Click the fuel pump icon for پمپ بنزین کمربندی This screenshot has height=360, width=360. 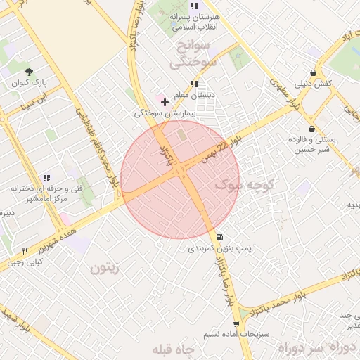(221, 237)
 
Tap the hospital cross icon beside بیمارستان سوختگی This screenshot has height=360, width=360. (165, 102)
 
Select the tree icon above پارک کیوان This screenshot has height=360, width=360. (29, 72)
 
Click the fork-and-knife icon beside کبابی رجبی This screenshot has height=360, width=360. (25, 251)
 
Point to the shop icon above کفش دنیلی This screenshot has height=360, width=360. (313, 72)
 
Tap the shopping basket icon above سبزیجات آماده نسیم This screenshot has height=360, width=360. (236, 323)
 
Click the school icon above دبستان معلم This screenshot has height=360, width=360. (194, 84)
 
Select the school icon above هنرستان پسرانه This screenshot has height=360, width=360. (194, 6)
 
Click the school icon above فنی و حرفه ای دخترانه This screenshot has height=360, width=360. (47, 179)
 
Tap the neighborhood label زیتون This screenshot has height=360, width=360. (105, 267)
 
